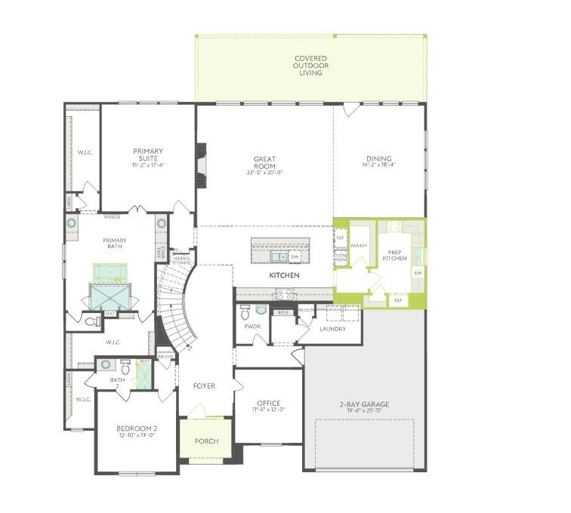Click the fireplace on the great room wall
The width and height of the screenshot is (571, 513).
[201, 164]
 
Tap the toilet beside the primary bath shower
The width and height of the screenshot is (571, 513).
[93, 322]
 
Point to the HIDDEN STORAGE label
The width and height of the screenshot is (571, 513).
[181, 260]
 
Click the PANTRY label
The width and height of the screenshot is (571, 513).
[359, 245]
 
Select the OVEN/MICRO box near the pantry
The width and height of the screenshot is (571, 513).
[340, 259]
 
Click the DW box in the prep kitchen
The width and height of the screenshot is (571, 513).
[418, 272]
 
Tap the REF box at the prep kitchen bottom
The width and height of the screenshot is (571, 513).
[398, 300]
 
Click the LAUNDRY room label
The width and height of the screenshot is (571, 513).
[332, 329]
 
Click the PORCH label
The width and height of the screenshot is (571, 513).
[206, 441]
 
